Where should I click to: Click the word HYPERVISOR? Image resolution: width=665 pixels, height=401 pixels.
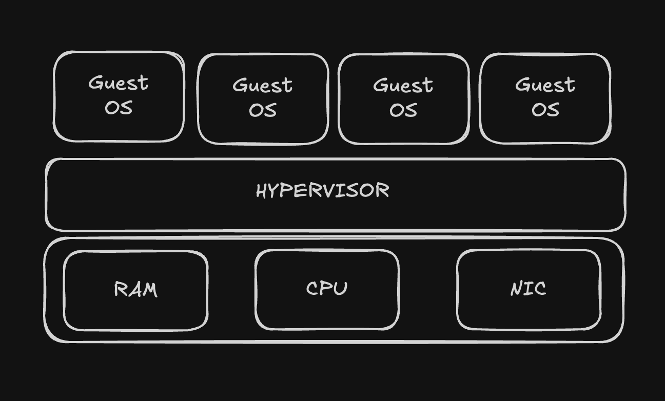(x=322, y=190)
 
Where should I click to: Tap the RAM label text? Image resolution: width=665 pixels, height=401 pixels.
(x=135, y=289)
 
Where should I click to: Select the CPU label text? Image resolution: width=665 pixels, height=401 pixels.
(x=326, y=288)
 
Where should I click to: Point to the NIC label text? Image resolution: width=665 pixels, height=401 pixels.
(x=528, y=289)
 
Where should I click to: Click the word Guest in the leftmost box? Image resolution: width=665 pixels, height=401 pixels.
(x=118, y=83)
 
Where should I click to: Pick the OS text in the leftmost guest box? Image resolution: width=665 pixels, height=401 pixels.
(x=119, y=107)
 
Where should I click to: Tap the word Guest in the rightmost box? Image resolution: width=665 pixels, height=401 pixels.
(x=545, y=85)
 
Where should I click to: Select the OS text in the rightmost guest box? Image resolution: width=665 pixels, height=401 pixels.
(x=545, y=109)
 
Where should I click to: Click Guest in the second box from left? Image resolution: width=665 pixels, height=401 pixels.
(x=262, y=85)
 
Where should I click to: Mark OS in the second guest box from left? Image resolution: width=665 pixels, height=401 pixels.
(x=263, y=110)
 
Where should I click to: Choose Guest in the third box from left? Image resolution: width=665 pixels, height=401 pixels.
(x=403, y=85)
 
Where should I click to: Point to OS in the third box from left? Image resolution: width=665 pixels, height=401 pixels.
(x=403, y=110)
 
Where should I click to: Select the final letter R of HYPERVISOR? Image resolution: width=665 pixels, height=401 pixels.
(x=383, y=190)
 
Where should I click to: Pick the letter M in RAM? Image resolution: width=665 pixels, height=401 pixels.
(x=150, y=290)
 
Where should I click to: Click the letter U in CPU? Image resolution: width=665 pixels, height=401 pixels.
(x=341, y=288)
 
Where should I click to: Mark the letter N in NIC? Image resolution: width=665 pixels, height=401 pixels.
(x=517, y=289)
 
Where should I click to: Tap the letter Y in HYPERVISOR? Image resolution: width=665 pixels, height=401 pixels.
(x=272, y=191)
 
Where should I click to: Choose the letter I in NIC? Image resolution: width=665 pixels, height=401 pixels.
(x=527, y=289)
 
